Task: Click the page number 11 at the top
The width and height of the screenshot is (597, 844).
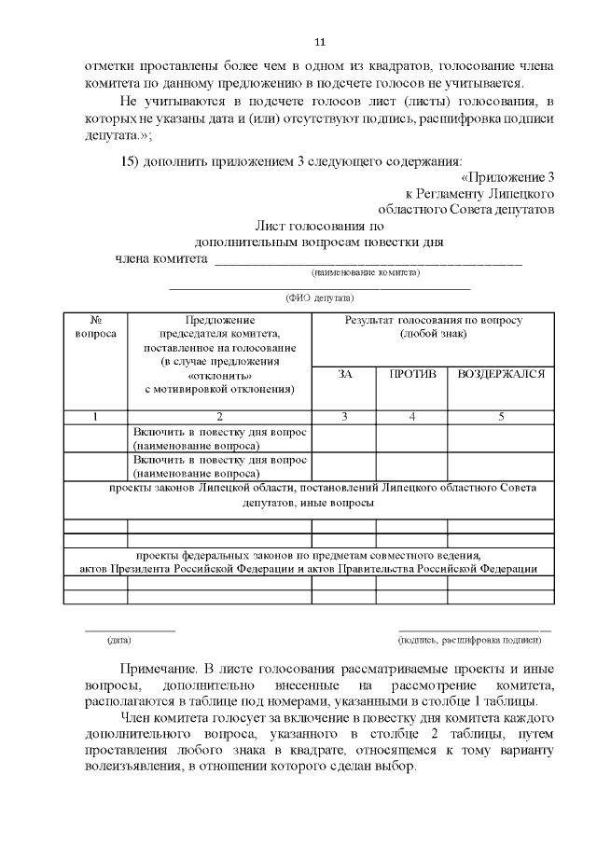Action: [320, 42]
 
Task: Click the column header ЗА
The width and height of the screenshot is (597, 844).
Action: [344, 374]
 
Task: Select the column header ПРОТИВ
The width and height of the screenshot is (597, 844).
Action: [411, 374]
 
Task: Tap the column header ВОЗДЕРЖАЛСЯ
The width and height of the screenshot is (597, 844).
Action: [500, 374]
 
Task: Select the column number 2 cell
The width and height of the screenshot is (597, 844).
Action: [219, 417]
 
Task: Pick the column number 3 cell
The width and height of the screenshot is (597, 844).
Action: [344, 417]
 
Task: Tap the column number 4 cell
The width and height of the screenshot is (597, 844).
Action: [411, 417]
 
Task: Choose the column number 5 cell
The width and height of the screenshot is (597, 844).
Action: [500, 417]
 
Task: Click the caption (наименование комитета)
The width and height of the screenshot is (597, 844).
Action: [365, 273]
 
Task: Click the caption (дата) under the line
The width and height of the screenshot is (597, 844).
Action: [118, 641]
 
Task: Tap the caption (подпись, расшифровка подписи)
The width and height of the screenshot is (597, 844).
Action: [468, 641]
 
